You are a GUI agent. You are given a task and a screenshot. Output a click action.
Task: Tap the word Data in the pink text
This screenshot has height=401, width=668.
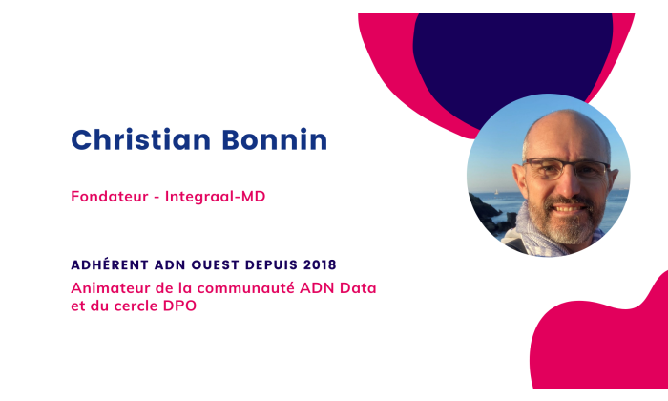tap(370, 287)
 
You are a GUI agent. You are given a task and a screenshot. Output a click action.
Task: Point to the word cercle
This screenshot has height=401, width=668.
tap(138, 306)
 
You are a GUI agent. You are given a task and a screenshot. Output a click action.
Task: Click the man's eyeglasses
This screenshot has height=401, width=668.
tap(569, 170)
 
